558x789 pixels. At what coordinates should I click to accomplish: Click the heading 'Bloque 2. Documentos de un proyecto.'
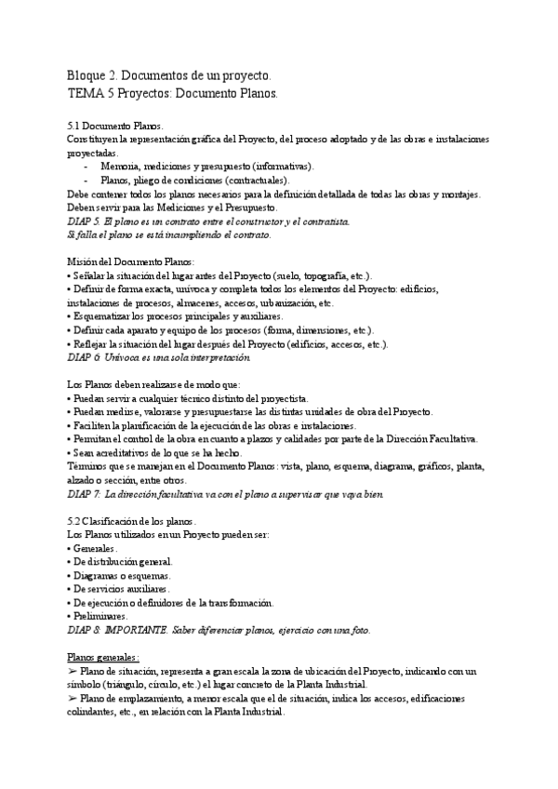pyautogui.click(x=170, y=75)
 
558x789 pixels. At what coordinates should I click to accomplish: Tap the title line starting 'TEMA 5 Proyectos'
pyautogui.click(x=172, y=94)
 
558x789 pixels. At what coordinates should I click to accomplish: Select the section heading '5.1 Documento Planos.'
pyautogui.click(x=115, y=126)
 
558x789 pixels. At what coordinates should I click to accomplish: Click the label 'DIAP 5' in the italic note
pyautogui.click(x=85, y=221)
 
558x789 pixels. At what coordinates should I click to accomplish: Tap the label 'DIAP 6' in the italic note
pyautogui.click(x=85, y=356)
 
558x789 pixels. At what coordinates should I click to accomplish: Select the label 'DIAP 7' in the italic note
pyautogui.click(x=85, y=494)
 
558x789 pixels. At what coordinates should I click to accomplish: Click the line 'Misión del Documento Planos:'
pyautogui.click(x=132, y=262)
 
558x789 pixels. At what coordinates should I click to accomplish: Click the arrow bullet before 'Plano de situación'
pyautogui.click(x=73, y=671)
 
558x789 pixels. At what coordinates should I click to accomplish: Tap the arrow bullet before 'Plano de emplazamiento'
pyautogui.click(x=73, y=698)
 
